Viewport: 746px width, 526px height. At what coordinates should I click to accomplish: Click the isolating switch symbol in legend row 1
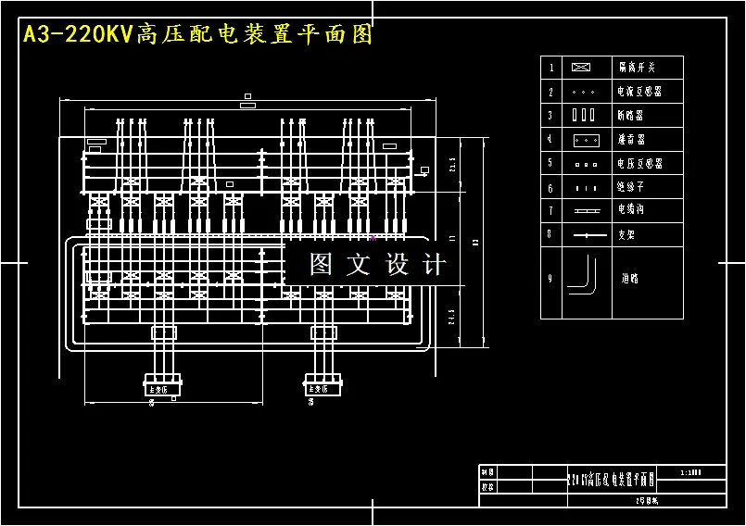coord(582,68)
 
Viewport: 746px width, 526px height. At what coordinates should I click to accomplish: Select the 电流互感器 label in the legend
coord(639,92)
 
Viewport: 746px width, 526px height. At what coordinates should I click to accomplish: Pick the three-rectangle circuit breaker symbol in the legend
coord(582,116)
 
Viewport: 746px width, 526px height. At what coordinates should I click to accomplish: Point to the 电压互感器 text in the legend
coord(639,164)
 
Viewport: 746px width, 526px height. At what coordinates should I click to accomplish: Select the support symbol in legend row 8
coord(582,235)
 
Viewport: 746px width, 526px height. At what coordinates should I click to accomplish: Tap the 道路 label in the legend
coord(630,278)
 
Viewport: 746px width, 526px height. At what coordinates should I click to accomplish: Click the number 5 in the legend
coord(550,164)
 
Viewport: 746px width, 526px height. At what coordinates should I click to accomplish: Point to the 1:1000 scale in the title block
coord(690,472)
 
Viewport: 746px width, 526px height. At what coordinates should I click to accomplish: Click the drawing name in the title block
coord(611,480)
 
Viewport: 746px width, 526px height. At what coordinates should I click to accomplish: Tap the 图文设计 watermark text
coord(376,265)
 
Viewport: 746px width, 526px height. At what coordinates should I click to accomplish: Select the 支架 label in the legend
coord(627,235)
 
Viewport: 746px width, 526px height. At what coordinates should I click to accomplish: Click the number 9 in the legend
coord(550,278)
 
